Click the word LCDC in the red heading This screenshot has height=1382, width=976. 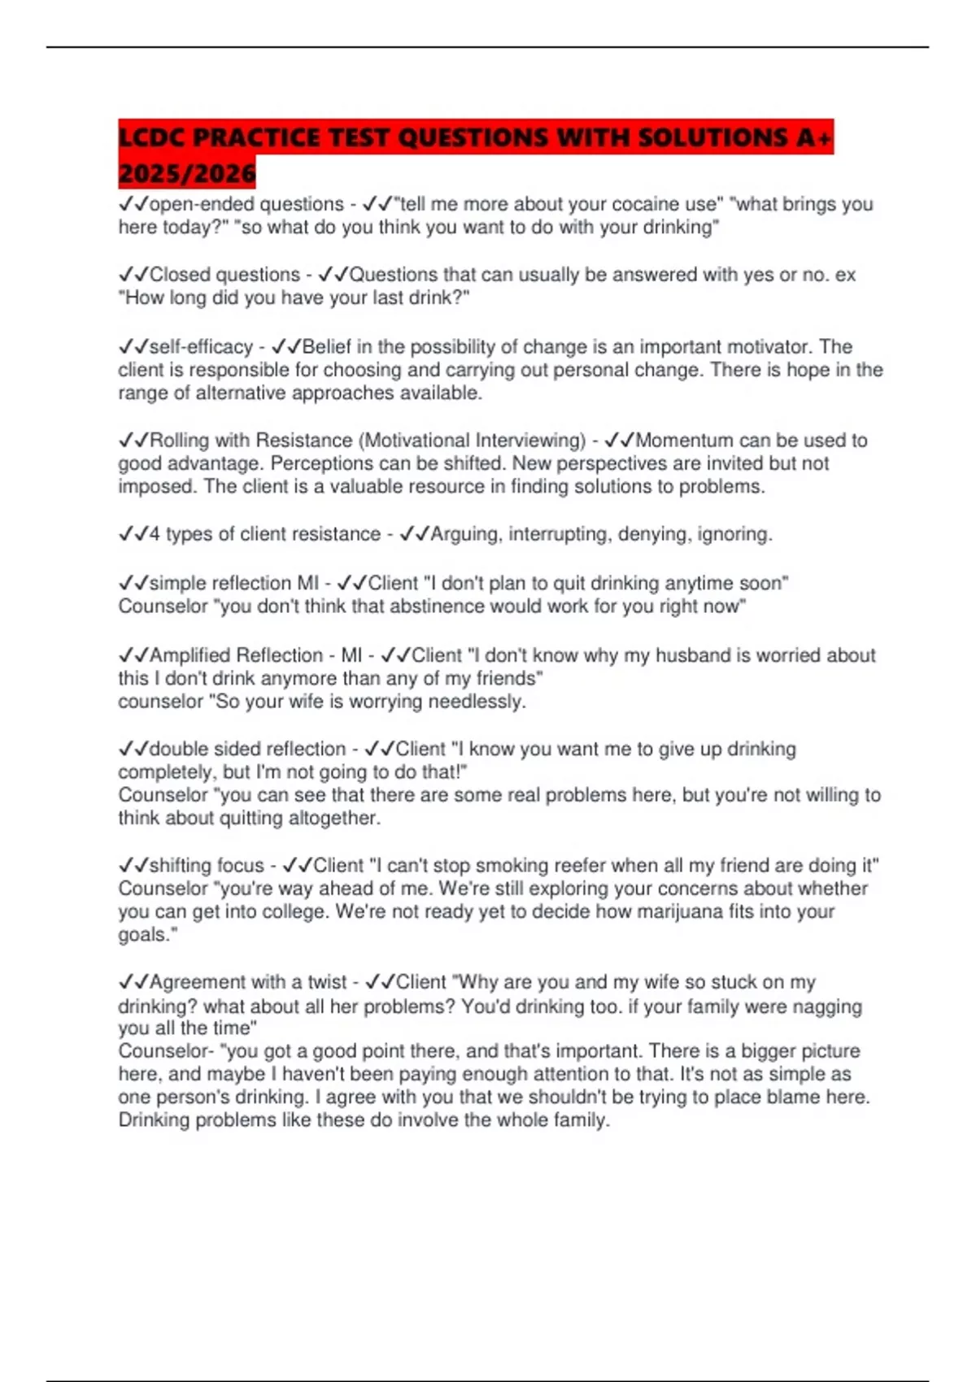[152, 138]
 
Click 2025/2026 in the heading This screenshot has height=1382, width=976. [187, 173]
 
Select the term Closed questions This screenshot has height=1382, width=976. [224, 275]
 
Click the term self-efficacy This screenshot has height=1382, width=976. [201, 347]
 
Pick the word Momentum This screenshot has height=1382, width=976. [684, 441]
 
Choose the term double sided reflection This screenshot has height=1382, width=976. [247, 749]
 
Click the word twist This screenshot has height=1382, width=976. [325, 982]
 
